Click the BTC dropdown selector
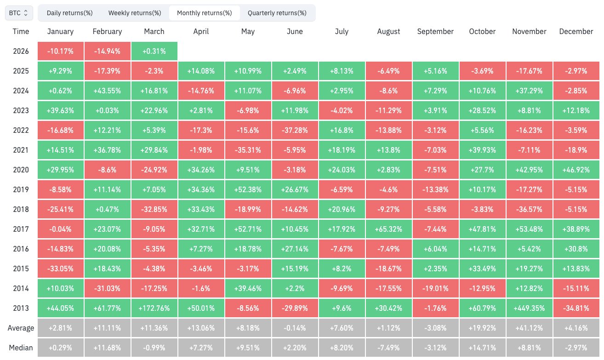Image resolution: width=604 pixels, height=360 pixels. [19, 13]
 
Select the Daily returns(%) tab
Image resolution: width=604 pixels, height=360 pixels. [69, 13]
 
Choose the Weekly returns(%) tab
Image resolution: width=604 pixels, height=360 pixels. [135, 13]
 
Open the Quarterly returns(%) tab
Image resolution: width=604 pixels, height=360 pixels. [277, 13]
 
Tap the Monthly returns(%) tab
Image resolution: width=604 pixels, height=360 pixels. [205, 13]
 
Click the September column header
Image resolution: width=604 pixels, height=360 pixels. [435, 32]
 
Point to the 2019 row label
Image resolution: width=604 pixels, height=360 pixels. [21, 189]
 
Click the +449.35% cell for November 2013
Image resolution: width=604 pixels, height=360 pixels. [530, 308]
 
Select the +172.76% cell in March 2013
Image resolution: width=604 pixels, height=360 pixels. [154, 308]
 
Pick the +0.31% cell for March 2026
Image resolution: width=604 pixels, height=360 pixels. [154, 51]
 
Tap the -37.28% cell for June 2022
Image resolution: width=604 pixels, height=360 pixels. [295, 130]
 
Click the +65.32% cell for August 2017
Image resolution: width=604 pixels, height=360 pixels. [388, 229]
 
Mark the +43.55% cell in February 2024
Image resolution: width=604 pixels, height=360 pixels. [107, 91]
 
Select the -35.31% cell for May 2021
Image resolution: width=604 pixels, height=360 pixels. [248, 150]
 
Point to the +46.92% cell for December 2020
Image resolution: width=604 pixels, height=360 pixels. [576, 170]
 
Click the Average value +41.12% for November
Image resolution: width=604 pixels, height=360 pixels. [530, 328]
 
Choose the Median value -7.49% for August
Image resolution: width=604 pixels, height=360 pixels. [388, 348]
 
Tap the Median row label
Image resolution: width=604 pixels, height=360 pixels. [21, 348]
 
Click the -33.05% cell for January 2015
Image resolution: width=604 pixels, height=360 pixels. [60, 269]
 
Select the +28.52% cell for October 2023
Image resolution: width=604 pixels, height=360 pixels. [482, 110]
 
